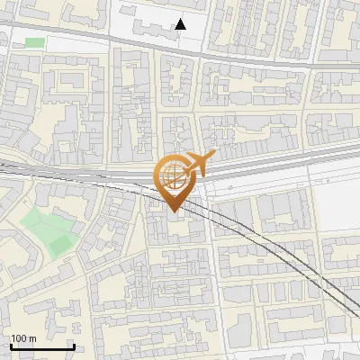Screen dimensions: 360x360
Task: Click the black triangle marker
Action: point(181,24)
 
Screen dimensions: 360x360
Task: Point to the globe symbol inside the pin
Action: point(172,175)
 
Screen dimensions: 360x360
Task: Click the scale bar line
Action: point(42,346)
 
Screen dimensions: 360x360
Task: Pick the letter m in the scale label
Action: point(32,338)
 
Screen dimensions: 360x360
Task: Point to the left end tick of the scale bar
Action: point(11,345)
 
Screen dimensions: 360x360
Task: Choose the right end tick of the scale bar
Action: point(74,345)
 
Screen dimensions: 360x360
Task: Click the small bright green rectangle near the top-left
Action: point(34,42)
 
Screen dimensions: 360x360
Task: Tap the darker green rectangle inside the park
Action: point(59,243)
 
